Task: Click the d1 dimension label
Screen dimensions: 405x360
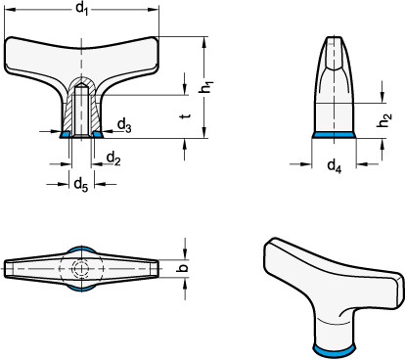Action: click(x=82, y=8)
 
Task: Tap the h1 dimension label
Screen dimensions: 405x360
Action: click(x=206, y=87)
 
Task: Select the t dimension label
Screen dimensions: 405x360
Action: click(x=186, y=115)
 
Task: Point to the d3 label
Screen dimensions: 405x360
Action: click(x=124, y=125)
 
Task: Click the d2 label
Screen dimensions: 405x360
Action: click(x=113, y=158)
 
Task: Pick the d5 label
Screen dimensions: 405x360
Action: click(x=81, y=185)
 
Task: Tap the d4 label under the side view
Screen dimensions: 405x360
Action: click(x=335, y=166)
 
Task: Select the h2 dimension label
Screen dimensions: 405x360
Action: click(x=384, y=120)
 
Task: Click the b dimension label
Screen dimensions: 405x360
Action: click(x=184, y=268)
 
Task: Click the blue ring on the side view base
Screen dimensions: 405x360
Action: click(x=334, y=135)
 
